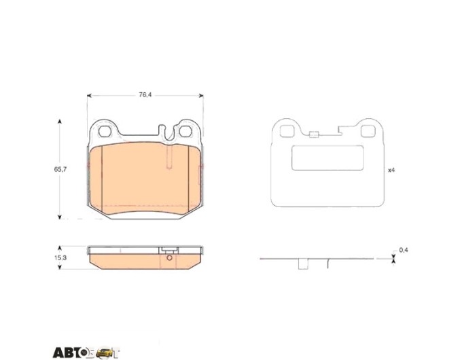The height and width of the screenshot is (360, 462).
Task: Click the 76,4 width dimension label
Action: (x=145, y=95)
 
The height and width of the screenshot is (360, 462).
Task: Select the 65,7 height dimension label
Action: (x=60, y=169)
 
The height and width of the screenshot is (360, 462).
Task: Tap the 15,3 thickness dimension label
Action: (x=60, y=257)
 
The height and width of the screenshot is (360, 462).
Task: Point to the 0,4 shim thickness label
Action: (x=404, y=250)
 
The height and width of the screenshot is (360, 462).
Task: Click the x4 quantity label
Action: (x=391, y=170)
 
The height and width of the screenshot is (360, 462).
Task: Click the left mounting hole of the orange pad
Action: (x=105, y=131)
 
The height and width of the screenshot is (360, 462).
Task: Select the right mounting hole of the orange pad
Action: (x=185, y=131)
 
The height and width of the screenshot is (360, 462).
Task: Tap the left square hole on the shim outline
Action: (x=287, y=131)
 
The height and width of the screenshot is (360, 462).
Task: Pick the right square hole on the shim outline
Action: (x=368, y=131)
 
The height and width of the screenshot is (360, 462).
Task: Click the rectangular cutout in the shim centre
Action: (x=327, y=158)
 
